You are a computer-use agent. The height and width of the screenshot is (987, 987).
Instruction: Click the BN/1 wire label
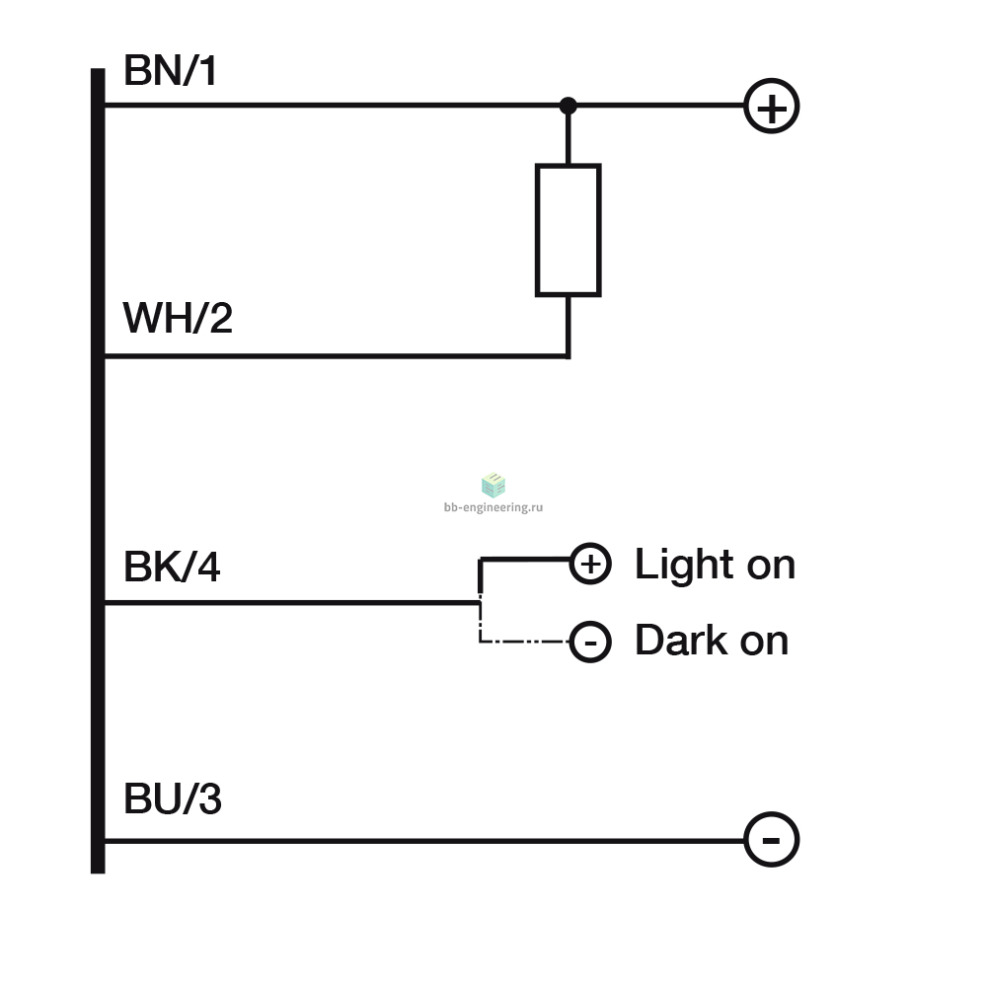(x=171, y=70)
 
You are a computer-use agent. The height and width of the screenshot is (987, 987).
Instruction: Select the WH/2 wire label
(x=178, y=318)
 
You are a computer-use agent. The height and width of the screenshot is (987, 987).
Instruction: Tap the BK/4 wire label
(x=172, y=567)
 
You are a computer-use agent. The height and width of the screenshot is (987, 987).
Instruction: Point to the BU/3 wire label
(x=173, y=798)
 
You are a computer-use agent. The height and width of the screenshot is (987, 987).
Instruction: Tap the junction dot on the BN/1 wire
(x=568, y=106)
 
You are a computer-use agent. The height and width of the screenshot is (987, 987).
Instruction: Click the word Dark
(x=682, y=641)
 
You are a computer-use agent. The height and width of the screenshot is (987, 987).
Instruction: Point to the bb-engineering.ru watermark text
(x=493, y=507)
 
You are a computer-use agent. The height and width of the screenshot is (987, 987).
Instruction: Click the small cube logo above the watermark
(x=493, y=485)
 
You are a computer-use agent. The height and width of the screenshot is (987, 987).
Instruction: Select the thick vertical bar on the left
(x=98, y=471)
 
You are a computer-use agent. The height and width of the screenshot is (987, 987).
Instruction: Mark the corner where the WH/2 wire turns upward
(x=569, y=356)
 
